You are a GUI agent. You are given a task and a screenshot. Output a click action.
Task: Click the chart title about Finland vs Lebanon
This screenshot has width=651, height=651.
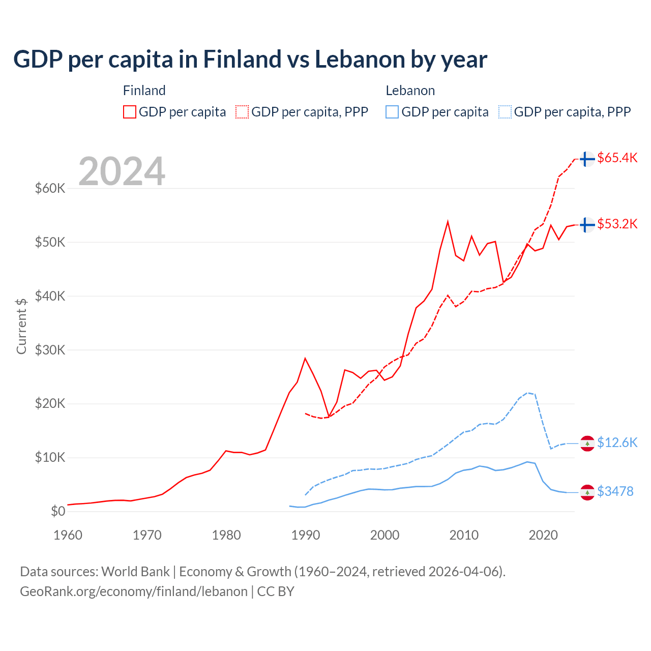(250, 60)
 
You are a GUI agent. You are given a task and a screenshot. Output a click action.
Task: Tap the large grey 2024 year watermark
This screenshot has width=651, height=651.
(122, 171)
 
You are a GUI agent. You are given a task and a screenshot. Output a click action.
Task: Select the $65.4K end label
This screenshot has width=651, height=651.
(617, 158)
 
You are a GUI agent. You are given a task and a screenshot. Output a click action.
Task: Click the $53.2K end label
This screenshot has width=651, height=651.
(617, 224)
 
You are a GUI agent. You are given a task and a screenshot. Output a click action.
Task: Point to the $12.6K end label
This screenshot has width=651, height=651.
(617, 443)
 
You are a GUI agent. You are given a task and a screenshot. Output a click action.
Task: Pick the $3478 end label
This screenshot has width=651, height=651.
(615, 491)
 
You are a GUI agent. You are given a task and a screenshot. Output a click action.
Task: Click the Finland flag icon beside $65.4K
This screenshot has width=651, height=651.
(587, 159)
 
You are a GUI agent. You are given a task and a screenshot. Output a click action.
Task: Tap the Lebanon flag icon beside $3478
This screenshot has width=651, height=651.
(587, 492)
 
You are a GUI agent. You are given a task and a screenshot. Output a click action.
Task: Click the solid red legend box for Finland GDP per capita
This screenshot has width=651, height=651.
(130, 112)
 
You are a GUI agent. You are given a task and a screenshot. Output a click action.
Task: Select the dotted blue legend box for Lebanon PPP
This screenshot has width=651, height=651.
(505, 112)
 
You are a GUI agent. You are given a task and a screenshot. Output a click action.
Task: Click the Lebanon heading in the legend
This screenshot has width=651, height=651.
(410, 91)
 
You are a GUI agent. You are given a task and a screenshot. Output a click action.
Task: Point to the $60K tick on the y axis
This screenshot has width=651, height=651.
(50, 189)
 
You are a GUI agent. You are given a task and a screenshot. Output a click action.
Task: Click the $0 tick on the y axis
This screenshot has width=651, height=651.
(58, 512)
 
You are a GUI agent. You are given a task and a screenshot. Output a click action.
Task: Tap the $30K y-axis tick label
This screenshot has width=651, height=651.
(50, 350)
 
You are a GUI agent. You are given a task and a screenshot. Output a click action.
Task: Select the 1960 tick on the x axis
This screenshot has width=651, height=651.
(68, 535)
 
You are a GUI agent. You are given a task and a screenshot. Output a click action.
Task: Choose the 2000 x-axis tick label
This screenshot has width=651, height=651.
(384, 535)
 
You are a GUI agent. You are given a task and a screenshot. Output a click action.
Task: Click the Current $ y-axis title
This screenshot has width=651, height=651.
(21, 326)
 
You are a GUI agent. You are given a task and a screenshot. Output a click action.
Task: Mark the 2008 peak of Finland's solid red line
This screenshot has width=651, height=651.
(448, 222)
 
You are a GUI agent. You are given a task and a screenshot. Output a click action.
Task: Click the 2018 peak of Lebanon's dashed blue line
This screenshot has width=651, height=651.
(527, 393)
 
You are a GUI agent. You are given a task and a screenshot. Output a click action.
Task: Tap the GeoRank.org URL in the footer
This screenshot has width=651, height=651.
(133, 591)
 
